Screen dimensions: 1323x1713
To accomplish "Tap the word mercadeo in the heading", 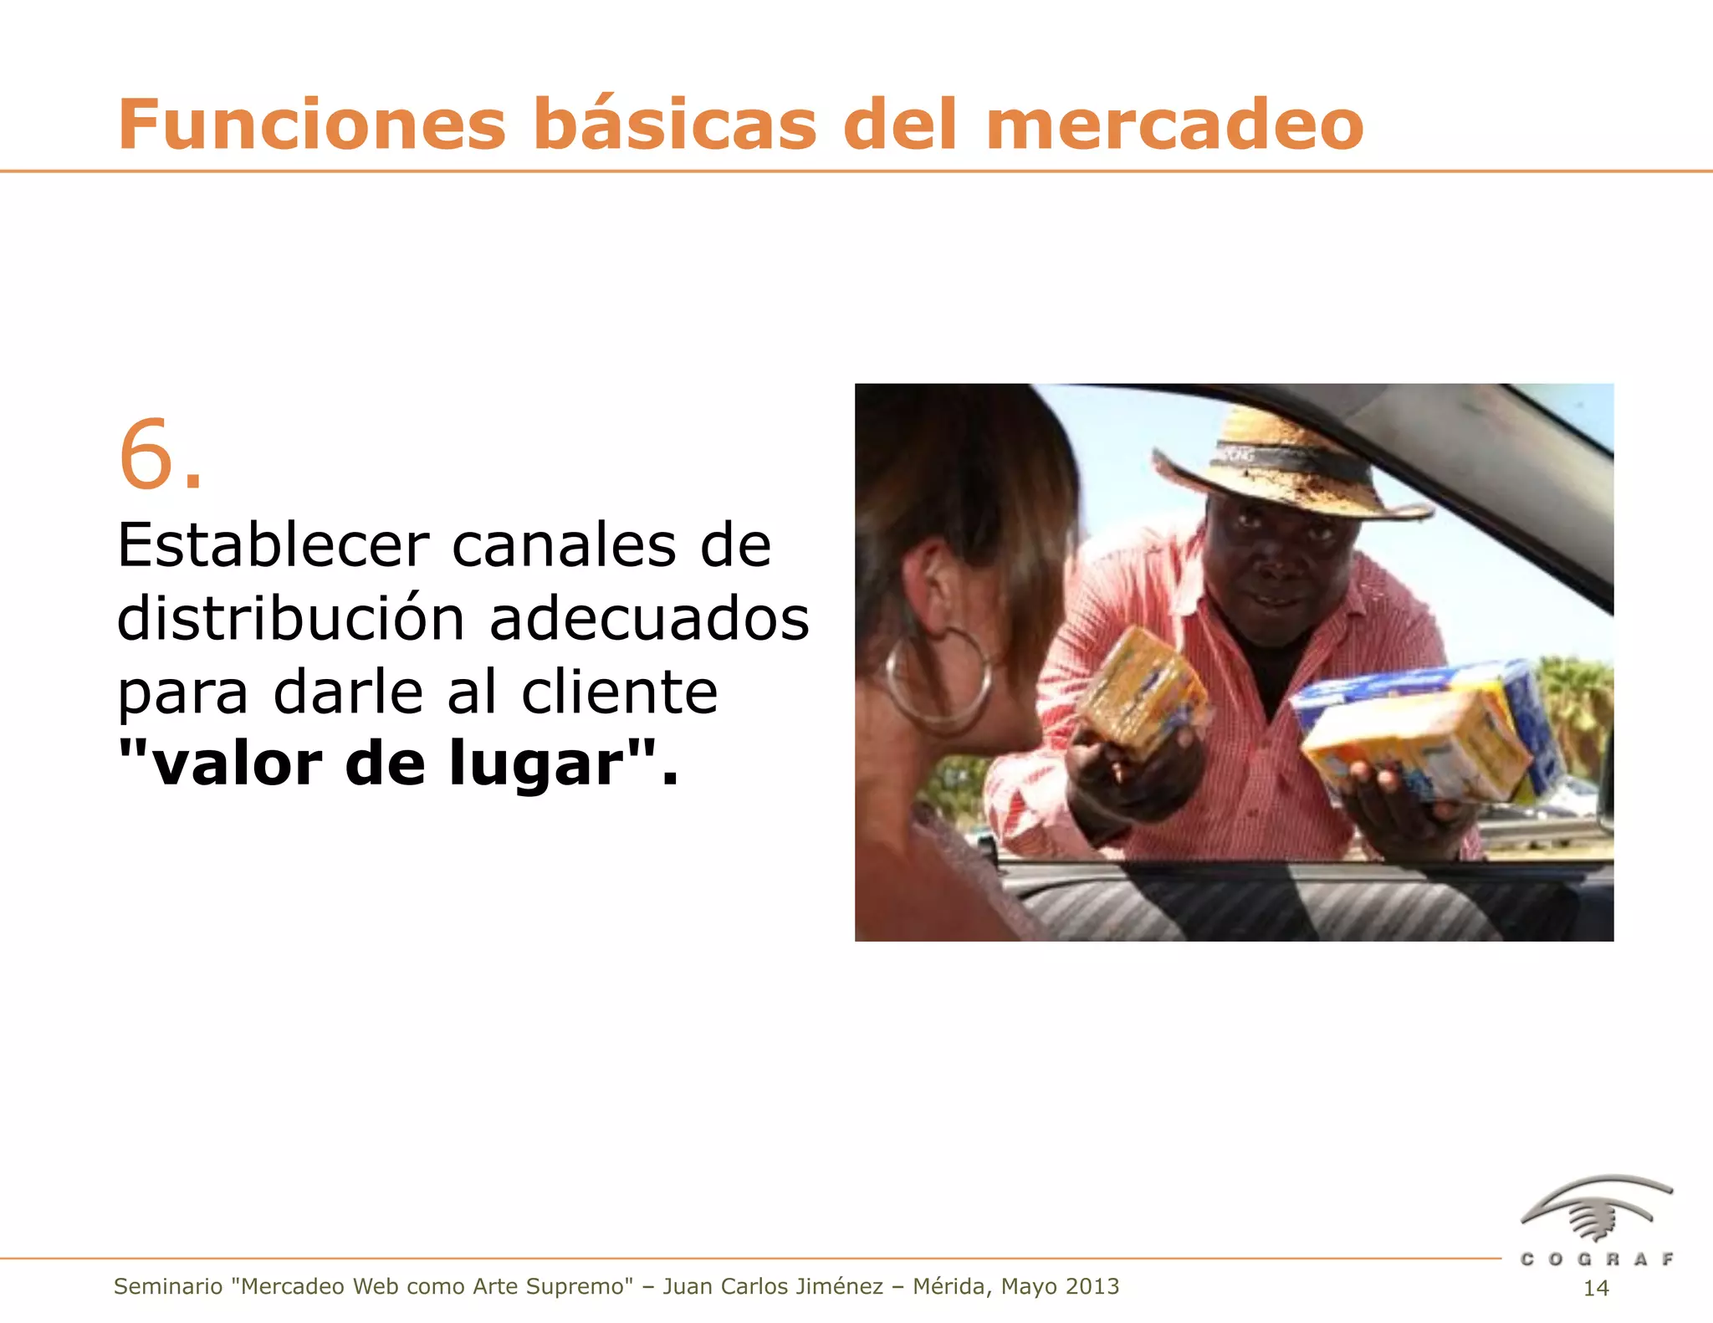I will [1175, 125].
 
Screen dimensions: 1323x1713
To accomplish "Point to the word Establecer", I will [273, 545].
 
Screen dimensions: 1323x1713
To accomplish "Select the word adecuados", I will [649, 619].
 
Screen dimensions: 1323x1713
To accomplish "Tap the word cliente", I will [619, 692].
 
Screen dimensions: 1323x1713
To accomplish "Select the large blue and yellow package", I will [1430, 732].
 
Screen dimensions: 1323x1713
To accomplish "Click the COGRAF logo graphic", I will [1597, 1208].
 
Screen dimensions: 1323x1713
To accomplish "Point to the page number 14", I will [1596, 1289].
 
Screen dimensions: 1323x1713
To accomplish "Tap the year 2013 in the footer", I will [1091, 1286].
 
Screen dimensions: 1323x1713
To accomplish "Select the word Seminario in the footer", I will [168, 1286].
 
